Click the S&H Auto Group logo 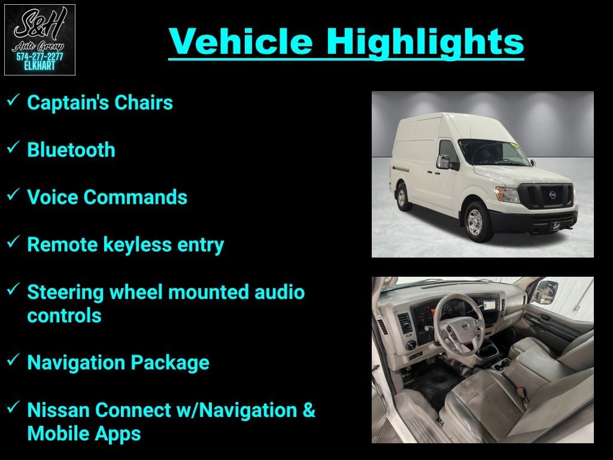coord(40,40)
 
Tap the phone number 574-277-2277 coord(40,57)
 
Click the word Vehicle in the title coord(241,41)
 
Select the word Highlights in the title coord(425,43)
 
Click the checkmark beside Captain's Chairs coord(13,99)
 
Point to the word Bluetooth coord(71,150)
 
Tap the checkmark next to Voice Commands coord(13,194)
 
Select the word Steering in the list coord(65,292)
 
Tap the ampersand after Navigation coord(309,410)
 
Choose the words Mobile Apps coord(84,434)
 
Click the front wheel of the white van coord(475,222)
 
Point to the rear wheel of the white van coord(402,198)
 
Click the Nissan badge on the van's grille coord(553,195)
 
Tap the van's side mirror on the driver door coord(445,162)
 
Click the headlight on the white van coord(507,195)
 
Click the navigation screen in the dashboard coord(488,304)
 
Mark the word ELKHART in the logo coord(40,66)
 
